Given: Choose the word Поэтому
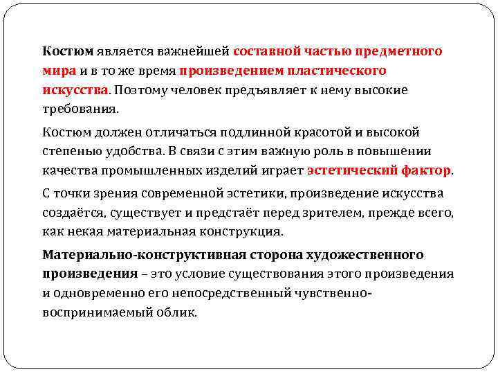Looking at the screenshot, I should (x=138, y=90).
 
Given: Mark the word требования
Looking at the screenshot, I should (x=80, y=109).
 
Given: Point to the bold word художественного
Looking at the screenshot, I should (x=364, y=255).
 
